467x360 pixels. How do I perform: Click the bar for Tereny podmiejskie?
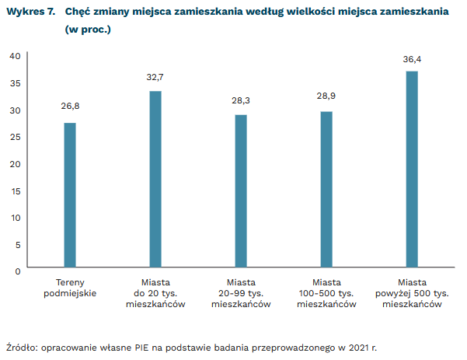pyautogui.click(x=70, y=195)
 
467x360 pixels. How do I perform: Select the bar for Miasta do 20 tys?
pyautogui.click(x=155, y=180)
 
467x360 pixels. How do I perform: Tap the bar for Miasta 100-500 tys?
pyautogui.click(x=326, y=190)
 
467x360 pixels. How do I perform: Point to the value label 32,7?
pyautogui.click(x=155, y=77)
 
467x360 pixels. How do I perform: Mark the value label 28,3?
pyautogui.click(x=241, y=101)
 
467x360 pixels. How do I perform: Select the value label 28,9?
pyautogui.click(x=326, y=98)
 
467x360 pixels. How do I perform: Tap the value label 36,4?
pyautogui.click(x=412, y=58)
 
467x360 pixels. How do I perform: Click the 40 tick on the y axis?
pyautogui.click(x=15, y=55)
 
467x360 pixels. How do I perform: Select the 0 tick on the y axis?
pyautogui.click(x=17, y=271)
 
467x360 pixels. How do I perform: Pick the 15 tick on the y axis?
pyautogui.click(x=15, y=190)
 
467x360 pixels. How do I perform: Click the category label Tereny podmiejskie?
pyautogui.click(x=70, y=287)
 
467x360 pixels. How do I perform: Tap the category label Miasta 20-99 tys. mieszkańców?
pyautogui.click(x=241, y=293)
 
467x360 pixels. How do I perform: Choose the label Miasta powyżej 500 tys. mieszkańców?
pyautogui.click(x=412, y=293)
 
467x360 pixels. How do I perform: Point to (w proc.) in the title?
pyautogui.click(x=88, y=30)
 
